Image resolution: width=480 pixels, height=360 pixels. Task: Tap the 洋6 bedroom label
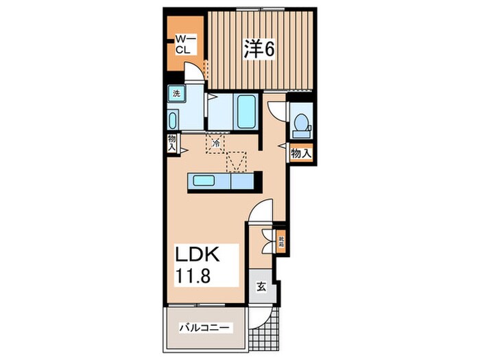(x=259, y=49)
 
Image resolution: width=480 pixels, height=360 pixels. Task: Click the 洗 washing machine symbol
(x=176, y=93)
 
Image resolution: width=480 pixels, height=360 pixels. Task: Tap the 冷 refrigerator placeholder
(x=216, y=143)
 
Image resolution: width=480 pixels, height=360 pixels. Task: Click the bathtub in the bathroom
(x=246, y=111)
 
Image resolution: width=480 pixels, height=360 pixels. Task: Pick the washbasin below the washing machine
(x=173, y=120)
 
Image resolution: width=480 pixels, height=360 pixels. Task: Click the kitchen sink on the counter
(x=203, y=181)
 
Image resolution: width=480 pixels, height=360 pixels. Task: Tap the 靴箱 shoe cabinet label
(x=280, y=241)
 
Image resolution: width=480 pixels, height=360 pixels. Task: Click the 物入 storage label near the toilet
(x=301, y=153)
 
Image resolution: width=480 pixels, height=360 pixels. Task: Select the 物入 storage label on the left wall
(x=171, y=143)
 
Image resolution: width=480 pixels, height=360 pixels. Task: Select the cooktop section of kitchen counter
(x=243, y=182)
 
